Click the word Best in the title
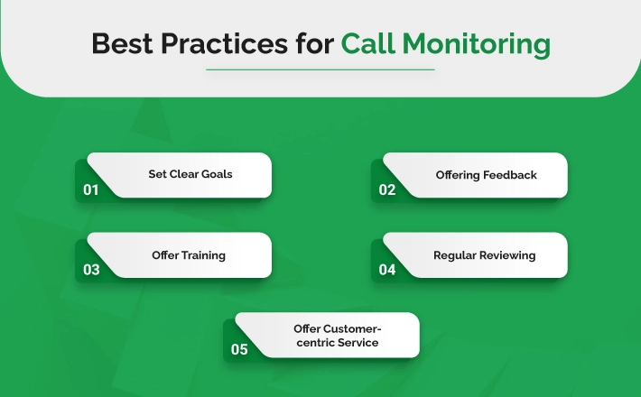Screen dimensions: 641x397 click(122, 43)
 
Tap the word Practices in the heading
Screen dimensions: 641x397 click(225, 43)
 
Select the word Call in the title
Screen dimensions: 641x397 click(368, 43)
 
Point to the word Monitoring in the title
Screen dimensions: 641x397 click(477, 45)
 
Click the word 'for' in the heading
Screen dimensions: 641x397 click(315, 43)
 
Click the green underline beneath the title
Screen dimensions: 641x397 click(320, 69)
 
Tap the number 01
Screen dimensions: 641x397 click(91, 189)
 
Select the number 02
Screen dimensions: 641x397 click(387, 189)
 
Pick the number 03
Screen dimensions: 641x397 click(91, 270)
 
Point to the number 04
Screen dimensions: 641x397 click(387, 270)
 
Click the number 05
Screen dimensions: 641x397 click(239, 349)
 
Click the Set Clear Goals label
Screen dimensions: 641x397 click(190, 174)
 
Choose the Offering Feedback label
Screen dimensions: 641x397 click(486, 176)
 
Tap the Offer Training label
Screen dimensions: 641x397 click(189, 256)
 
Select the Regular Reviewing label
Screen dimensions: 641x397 click(485, 256)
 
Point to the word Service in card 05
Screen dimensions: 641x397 click(358, 342)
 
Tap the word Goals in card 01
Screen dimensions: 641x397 click(217, 174)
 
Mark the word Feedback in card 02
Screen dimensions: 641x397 click(510, 175)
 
